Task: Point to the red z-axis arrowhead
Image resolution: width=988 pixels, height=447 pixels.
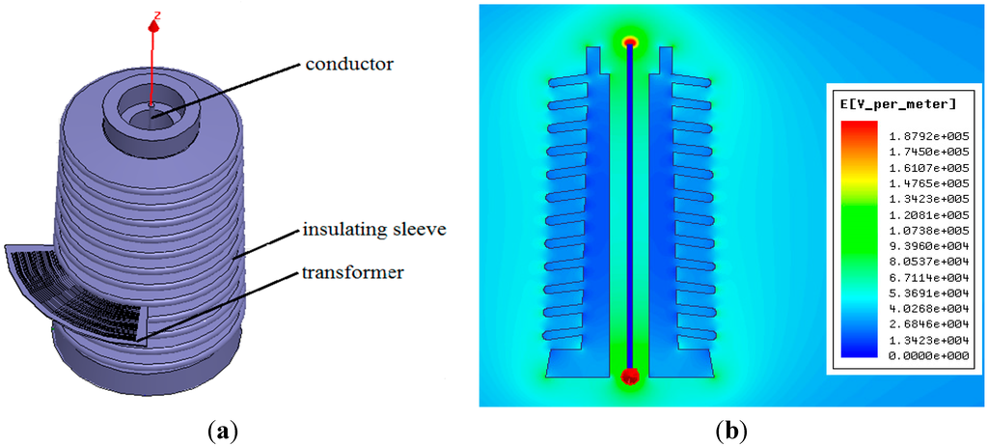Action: tap(152, 26)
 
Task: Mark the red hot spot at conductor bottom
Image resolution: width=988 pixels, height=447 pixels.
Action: tap(630, 375)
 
